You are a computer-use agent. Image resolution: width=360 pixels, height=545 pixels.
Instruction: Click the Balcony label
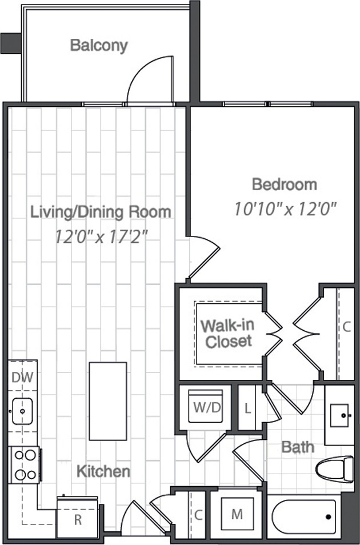pos(99,46)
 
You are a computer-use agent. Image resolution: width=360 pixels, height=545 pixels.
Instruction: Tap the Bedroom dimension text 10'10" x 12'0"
pos(285,209)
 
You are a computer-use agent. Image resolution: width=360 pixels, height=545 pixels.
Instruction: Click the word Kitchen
pos(103,471)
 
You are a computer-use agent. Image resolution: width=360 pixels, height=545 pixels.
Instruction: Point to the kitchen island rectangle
pos(108,401)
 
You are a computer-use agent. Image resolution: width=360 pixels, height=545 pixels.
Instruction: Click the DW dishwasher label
pos(22,377)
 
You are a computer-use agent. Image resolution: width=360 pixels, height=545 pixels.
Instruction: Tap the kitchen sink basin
pos(23,411)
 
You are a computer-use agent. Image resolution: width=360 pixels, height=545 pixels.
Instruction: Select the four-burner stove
pos(24,464)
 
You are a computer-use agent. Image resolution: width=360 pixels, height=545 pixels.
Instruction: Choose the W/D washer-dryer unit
pos(206,406)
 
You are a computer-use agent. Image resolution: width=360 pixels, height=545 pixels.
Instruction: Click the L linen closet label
pos(247,408)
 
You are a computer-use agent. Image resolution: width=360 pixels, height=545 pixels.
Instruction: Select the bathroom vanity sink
pos(339,415)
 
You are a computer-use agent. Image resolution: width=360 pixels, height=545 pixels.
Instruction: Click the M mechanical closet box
pos(237,514)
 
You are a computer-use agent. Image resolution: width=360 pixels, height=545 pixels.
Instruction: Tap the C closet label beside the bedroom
pos(346,327)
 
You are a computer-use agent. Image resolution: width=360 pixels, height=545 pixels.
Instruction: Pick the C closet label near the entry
pos(198,514)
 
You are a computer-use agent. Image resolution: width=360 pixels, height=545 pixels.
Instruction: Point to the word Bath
pos(298,447)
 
